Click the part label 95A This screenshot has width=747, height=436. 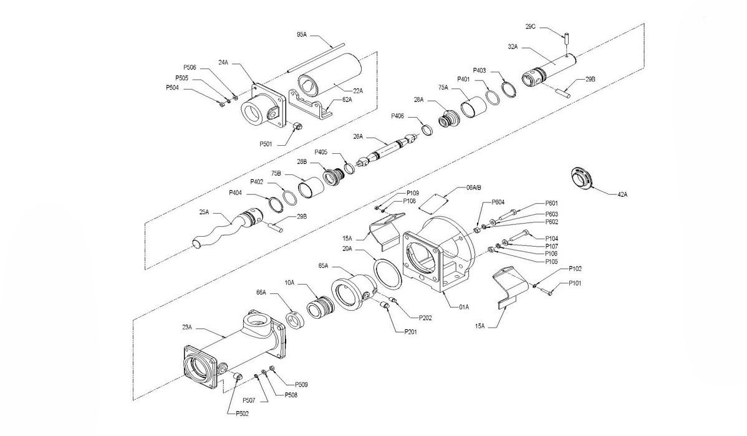point(302,35)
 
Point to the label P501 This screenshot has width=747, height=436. point(266,144)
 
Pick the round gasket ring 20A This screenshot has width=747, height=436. point(387,273)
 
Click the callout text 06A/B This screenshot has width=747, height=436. point(473,187)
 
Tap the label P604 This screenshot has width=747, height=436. point(498,202)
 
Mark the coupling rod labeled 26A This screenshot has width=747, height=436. point(387,150)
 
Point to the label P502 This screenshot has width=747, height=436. point(242,414)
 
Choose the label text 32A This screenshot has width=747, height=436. point(513,47)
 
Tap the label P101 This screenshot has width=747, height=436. point(575,283)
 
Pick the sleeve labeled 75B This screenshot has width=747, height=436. point(311,187)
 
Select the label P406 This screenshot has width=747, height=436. point(398,116)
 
